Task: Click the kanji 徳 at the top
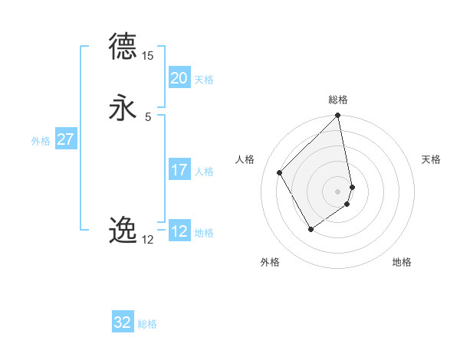123,47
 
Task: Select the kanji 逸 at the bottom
123,230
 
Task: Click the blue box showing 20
179,78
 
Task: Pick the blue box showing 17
179,170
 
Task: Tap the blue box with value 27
65,139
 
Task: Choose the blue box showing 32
123,322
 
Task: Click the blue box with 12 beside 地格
179,231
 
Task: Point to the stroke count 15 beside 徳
148,55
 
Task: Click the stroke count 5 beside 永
148,116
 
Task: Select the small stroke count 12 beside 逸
148,239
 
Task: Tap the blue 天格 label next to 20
204,80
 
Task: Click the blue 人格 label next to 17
204,172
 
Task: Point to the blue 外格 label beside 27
41,141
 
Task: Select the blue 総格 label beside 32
147,324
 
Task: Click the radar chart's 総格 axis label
338,100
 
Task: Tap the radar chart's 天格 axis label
432,159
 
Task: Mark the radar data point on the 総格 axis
338,116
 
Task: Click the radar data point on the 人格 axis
279,172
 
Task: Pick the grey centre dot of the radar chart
338,191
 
